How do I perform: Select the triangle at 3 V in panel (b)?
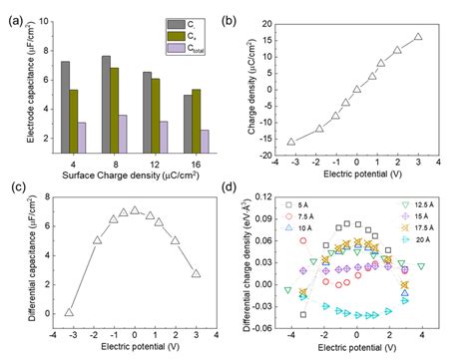click(x=418, y=37)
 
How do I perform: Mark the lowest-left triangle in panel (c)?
click(x=69, y=312)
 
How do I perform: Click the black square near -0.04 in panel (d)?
click(x=304, y=314)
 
